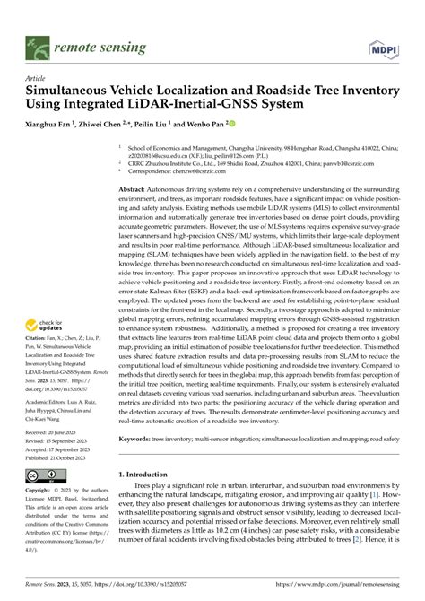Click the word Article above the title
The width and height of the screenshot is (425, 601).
37,79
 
